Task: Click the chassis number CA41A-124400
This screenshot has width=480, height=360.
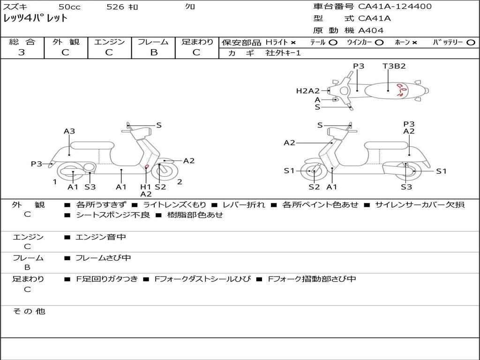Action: (x=395, y=7)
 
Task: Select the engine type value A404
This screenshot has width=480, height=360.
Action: (x=371, y=30)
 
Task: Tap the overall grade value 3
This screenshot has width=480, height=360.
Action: (x=22, y=52)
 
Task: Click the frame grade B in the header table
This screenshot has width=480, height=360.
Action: (x=154, y=52)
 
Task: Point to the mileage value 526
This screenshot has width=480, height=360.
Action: (x=115, y=7)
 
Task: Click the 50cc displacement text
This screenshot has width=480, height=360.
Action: (x=69, y=7)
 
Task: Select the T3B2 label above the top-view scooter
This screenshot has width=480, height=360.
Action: (x=394, y=66)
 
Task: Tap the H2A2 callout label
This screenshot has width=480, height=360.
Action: (x=307, y=91)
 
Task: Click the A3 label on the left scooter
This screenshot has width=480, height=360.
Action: (x=69, y=131)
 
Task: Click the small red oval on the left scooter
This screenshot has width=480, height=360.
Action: (x=147, y=166)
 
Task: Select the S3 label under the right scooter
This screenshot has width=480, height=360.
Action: (x=406, y=187)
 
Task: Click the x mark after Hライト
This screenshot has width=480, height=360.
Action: (x=293, y=43)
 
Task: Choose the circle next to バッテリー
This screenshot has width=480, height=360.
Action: (x=471, y=43)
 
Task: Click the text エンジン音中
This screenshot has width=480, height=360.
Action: (x=101, y=237)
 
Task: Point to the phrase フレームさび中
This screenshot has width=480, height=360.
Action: (x=103, y=258)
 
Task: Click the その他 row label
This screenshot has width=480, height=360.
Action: (x=29, y=311)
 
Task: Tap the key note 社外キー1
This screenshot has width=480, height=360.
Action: (x=283, y=53)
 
